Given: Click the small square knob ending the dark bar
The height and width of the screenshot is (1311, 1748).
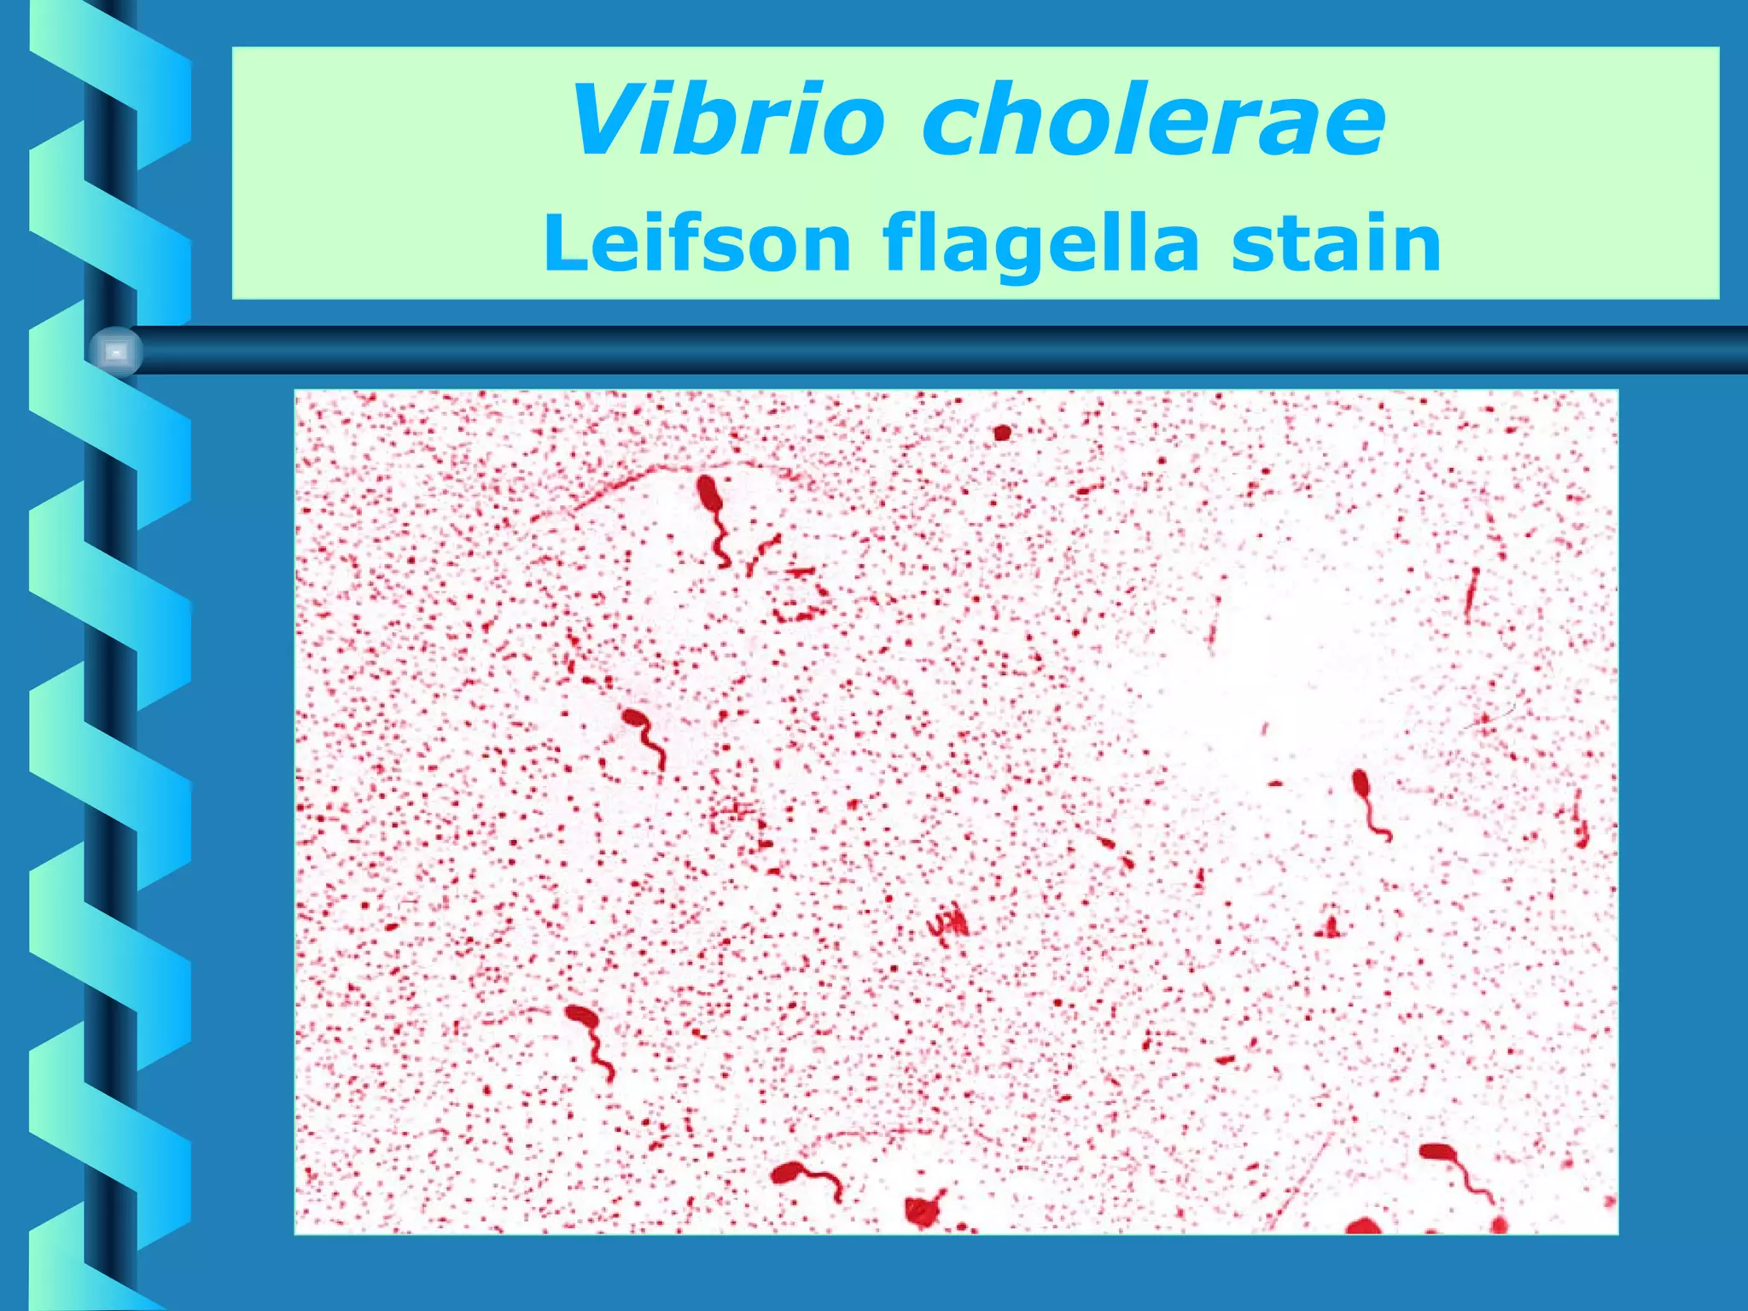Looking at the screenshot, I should (116, 352).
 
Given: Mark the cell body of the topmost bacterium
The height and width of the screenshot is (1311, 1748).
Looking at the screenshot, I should (708, 494).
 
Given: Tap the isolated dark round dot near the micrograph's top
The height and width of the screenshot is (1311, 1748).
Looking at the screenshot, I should (1002, 433).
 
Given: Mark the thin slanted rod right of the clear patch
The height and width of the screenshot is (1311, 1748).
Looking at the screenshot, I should (1472, 595).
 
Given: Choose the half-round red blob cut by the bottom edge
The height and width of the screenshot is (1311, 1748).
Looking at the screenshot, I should (1363, 1227).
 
